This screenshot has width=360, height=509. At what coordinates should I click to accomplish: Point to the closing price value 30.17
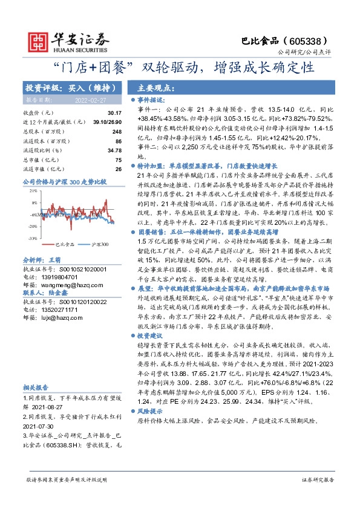pos(114,113)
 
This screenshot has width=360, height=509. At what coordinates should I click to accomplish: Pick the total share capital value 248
pos(117,131)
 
